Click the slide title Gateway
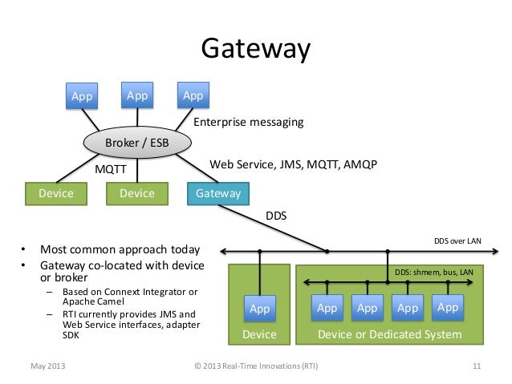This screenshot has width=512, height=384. tap(255, 49)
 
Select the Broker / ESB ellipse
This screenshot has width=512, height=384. tap(137, 143)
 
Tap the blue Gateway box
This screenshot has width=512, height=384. tap(218, 193)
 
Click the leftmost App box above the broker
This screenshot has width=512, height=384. tap(82, 96)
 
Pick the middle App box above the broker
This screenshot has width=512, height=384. tap(137, 95)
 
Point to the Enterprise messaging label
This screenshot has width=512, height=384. tap(250, 123)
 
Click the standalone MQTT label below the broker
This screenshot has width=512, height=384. tap(112, 170)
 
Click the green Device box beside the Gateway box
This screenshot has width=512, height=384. tap(136, 193)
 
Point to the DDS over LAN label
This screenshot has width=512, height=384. tap(457, 240)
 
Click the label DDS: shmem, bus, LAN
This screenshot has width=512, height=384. tap(434, 273)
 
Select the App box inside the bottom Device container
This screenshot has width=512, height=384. tap(259, 308)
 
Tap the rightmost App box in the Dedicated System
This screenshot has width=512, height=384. tap(448, 307)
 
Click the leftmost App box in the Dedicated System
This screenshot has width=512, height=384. tap(327, 307)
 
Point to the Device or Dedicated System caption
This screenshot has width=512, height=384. tap(390, 333)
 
